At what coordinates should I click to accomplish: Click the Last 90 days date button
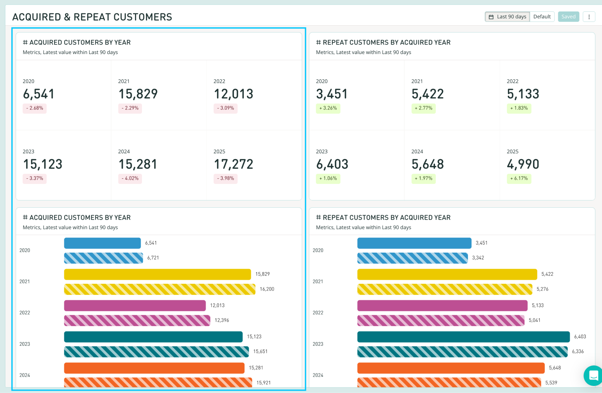click(x=507, y=17)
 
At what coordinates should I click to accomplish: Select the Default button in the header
click(x=542, y=17)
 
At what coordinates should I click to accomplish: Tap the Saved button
click(x=568, y=17)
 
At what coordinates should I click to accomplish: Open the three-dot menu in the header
click(x=589, y=17)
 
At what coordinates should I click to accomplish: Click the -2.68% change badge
click(x=35, y=108)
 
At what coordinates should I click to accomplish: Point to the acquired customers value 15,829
click(x=138, y=94)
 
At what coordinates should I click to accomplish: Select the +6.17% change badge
click(x=519, y=178)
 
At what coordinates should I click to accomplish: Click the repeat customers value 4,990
click(x=523, y=164)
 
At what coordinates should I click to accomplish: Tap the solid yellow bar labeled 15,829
click(x=158, y=274)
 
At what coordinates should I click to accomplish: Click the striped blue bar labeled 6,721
click(x=103, y=258)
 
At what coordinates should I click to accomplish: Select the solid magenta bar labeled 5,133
click(x=442, y=305)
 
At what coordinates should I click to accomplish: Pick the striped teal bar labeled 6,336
click(x=462, y=352)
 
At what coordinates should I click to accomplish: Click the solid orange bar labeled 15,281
click(x=154, y=368)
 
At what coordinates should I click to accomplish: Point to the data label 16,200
click(x=267, y=289)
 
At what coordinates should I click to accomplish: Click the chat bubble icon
click(x=593, y=375)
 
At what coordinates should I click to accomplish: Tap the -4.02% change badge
click(x=130, y=178)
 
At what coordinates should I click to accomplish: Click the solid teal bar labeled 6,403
click(x=464, y=337)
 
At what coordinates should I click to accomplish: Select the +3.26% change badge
click(x=328, y=108)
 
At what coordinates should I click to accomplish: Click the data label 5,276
click(x=543, y=289)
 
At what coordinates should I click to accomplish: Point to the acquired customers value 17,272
click(x=234, y=164)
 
